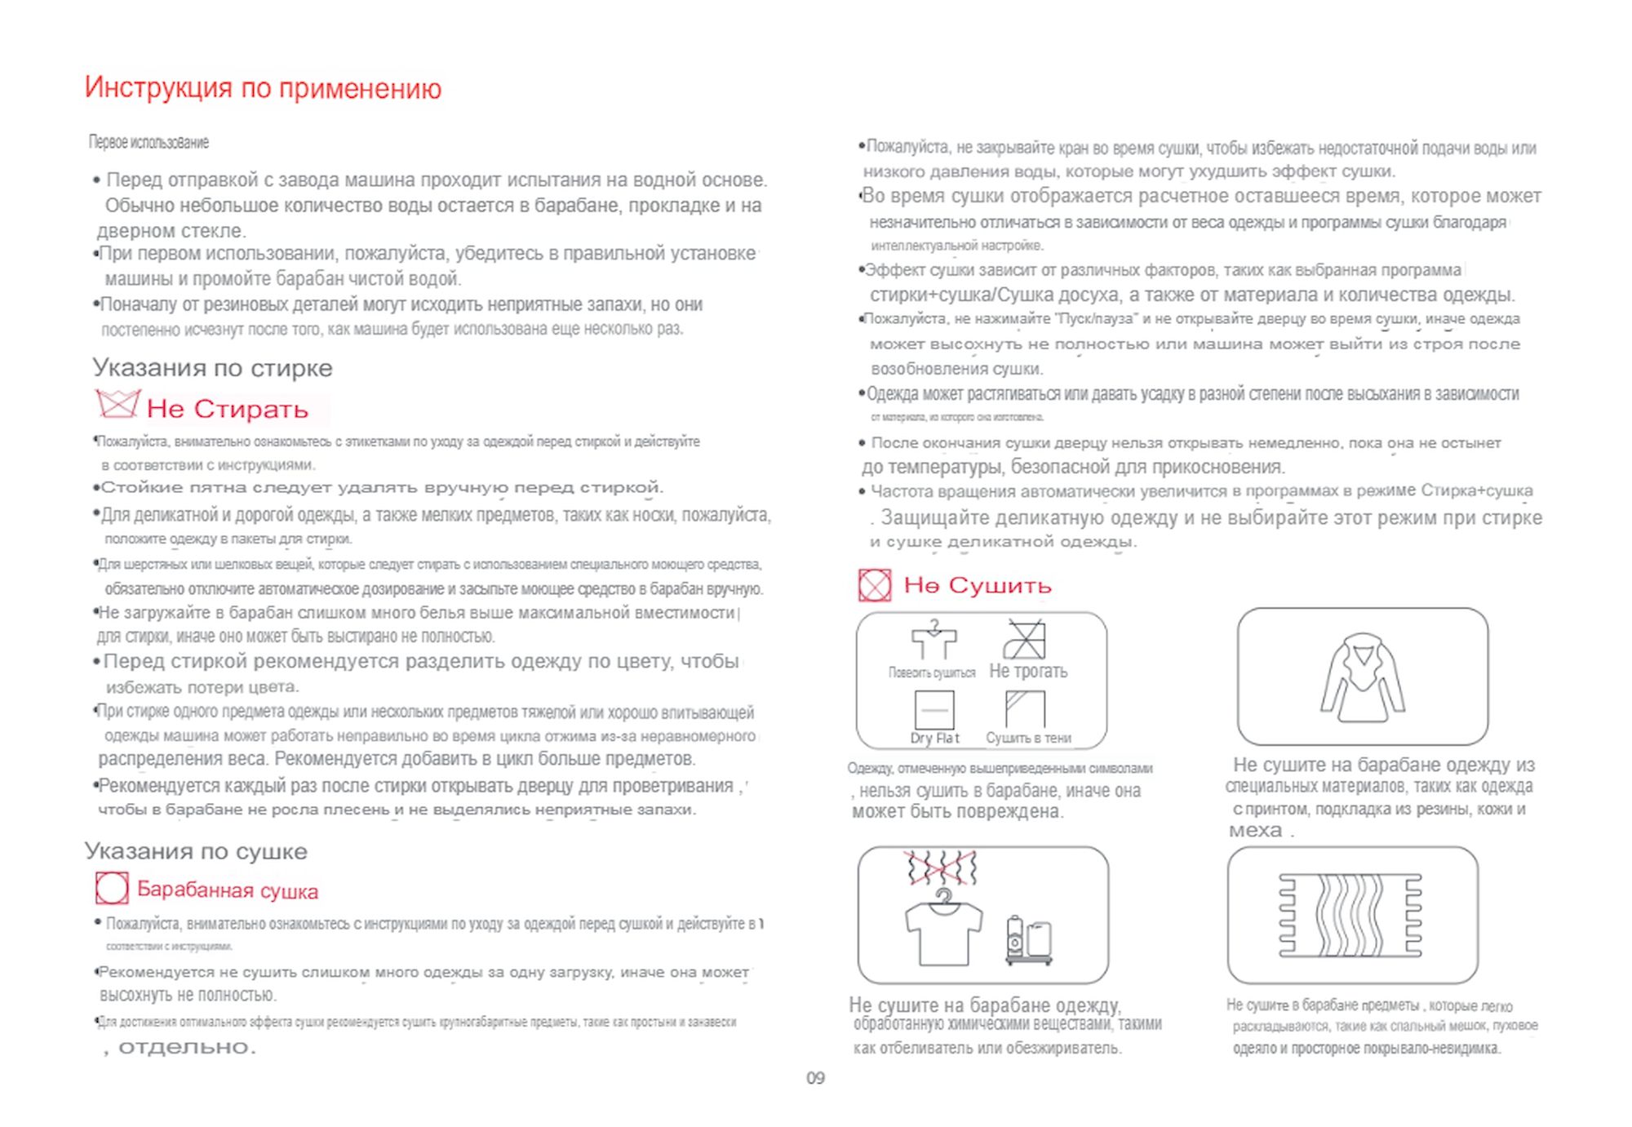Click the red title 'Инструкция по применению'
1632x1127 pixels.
[263, 88]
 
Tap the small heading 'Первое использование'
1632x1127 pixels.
[149, 143]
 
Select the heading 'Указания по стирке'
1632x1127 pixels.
[212, 368]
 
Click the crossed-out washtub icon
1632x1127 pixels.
[118, 404]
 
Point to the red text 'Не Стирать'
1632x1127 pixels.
[228, 410]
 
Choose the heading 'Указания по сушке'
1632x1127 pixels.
[196, 852]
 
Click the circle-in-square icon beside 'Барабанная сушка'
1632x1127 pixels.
[112, 888]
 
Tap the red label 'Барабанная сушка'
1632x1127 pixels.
[228, 890]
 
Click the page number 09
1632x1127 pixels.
[815, 1078]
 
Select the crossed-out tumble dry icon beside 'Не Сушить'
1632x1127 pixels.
[875, 585]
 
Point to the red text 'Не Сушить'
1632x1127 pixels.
[978, 586]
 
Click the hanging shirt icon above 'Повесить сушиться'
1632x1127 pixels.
[934, 640]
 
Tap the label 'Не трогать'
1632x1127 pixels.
[1028, 672]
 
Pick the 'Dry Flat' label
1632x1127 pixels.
[934, 738]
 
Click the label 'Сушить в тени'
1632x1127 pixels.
[1028, 738]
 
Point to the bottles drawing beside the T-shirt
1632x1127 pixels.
[1029, 941]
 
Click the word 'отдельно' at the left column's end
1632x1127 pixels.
[187, 1047]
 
